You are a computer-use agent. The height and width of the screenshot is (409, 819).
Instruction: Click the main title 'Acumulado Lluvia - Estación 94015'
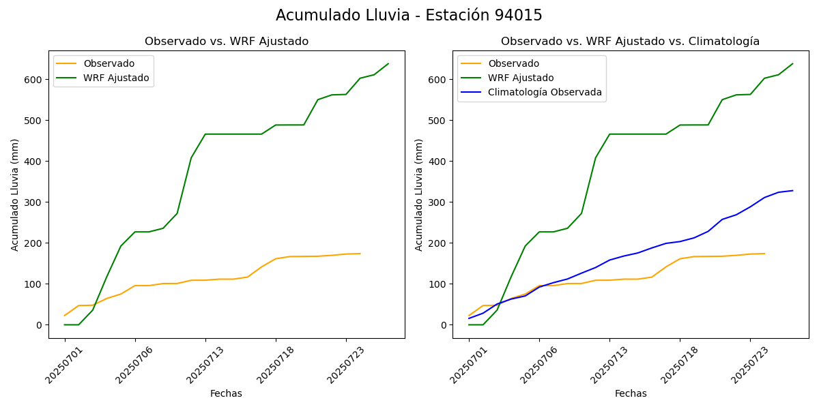[x=409, y=16]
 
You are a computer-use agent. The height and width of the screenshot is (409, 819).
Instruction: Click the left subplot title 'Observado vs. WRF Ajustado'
[x=227, y=42]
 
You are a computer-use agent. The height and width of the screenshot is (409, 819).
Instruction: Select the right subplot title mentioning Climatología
[x=630, y=42]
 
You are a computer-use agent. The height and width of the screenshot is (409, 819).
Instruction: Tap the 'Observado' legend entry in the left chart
[x=109, y=63]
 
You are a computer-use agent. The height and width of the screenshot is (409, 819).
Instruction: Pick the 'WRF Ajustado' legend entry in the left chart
[x=116, y=78]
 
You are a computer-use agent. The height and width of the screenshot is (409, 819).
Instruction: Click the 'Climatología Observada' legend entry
[x=545, y=93]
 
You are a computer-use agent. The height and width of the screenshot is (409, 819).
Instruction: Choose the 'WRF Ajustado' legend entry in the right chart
[x=521, y=78]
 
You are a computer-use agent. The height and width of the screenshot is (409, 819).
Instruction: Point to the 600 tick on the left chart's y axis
[x=35, y=80]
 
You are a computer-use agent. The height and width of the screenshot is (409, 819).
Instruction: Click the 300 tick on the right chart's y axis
[x=440, y=202]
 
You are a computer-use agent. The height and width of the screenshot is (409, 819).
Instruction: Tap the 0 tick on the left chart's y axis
[x=40, y=325]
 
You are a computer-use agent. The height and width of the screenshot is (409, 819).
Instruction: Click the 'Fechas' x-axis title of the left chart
[x=226, y=393]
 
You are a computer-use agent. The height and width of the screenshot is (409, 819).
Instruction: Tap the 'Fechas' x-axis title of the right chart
[x=631, y=393]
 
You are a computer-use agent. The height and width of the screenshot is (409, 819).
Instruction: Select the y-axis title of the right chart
[x=419, y=194]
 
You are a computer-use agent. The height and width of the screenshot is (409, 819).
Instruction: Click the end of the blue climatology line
[x=792, y=191]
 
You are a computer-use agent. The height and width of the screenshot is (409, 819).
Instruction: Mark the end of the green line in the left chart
[x=388, y=64]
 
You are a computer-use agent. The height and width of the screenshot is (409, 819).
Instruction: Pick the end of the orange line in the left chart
[x=360, y=254]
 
